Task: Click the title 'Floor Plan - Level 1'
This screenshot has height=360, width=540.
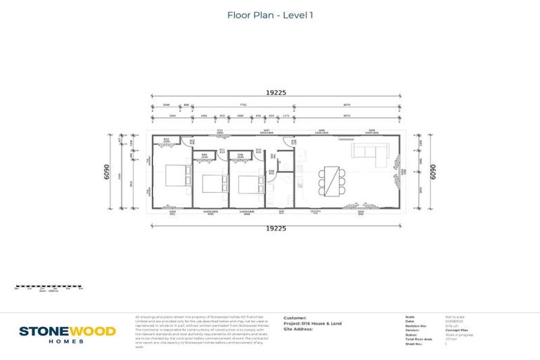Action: (x=270, y=15)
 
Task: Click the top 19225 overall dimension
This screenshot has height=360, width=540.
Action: (x=275, y=92)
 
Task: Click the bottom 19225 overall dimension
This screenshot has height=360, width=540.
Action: (x=275, y=228)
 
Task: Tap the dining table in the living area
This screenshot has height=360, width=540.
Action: (x=332, y=181)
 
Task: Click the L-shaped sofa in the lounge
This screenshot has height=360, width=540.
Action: (x=369, y=153)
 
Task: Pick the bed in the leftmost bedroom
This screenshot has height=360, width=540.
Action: (x=175, y=175)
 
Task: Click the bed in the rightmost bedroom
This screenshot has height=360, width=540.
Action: (x=247, y=184)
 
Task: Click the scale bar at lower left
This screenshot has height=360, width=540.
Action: (x=49, y=287)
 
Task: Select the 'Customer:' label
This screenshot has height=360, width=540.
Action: (x=295, y=317)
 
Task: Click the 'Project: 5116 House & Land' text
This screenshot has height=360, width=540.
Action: (x=312, y=323)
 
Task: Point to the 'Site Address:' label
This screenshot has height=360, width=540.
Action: (x=298, y=329)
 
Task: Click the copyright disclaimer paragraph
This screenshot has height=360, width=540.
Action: (x=204, y=331)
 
